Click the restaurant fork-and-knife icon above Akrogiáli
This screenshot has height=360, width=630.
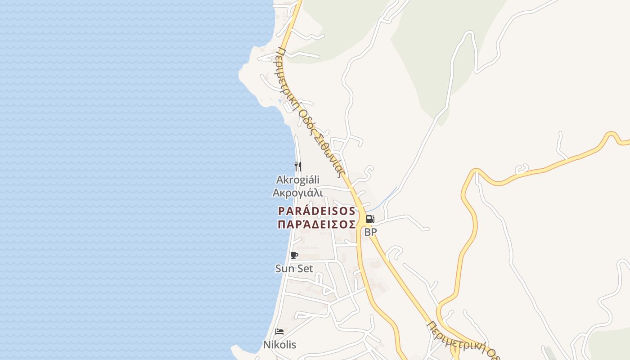point(297,166)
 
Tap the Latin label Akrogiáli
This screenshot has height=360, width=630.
point(297,180)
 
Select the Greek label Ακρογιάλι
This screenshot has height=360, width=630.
point(297,193)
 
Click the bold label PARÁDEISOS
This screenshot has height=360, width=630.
point(317,211)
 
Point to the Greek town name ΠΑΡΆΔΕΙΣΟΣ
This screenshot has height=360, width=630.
point(317,224)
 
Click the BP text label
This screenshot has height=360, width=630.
point(370,232)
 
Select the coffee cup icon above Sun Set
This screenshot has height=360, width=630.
point(294,256)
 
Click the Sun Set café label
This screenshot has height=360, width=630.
point(294,269)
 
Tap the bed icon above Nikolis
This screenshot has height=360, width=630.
point(279,332)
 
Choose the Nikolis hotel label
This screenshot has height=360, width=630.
point(279,345)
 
